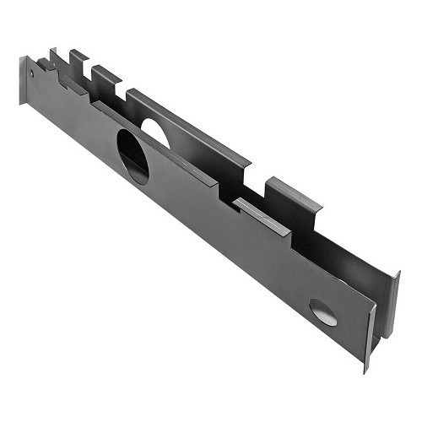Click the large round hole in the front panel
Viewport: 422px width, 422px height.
pyautogui.click(x=133, y=157)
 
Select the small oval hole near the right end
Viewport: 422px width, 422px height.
pyautogui.click(x=322, y=312)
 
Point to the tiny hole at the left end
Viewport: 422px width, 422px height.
pyautogui.click(x=32, y=73)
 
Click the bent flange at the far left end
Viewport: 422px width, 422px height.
pyautogui.click(x=23, y=80)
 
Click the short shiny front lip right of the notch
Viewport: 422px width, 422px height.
pyautogui.click(x=262, y=216)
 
